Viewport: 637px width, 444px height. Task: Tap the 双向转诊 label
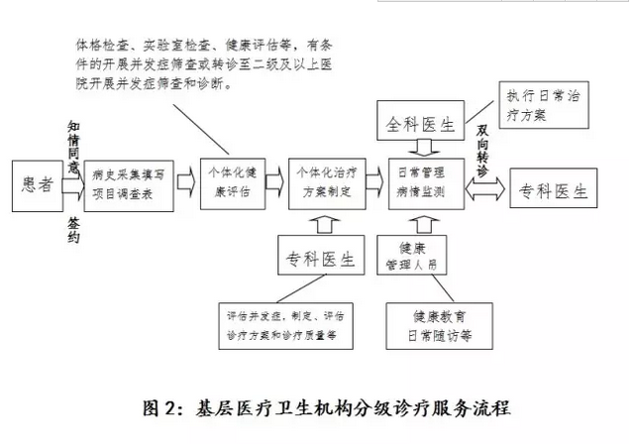point(482,151)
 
